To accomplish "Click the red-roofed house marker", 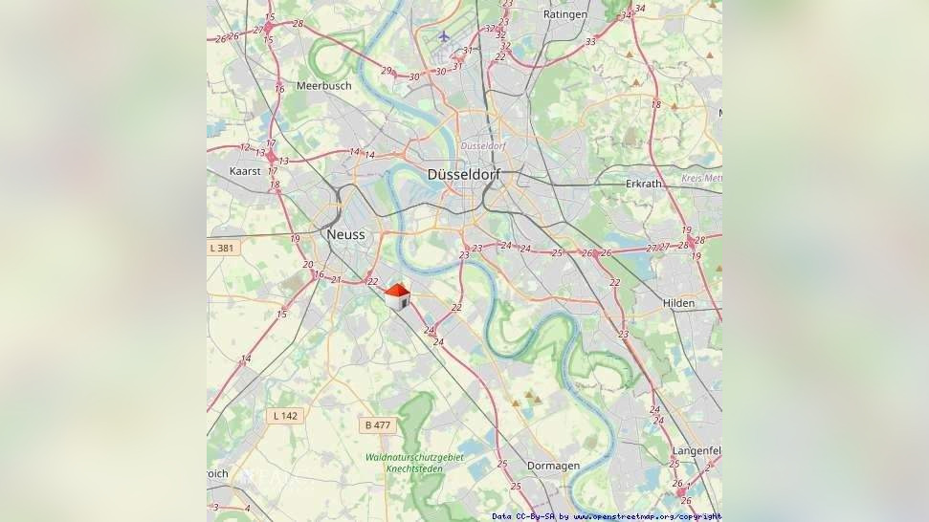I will coord(397,295).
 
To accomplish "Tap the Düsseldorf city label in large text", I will coord(464,175).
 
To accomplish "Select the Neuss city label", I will coord(344,234).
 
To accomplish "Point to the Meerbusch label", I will coord(323,85).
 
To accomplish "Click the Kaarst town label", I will coord(245,170).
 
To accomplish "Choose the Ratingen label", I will coord(564,14).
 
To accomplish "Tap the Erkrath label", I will coord(643,183).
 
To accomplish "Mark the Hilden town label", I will coord(678,303).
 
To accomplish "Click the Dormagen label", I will coord(553,466).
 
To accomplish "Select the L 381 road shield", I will coord(221,248).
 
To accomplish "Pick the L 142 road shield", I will coord(285,415).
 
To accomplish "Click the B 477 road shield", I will coord(378,424).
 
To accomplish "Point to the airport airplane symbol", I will coord(443,36).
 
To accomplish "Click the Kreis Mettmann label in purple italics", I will coord(701,178).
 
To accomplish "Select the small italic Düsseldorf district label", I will coord(482,145).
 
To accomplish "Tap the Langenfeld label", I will coord(696,449).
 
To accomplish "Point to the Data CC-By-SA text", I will coord(523,516).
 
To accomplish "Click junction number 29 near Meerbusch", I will coord(387,70).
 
